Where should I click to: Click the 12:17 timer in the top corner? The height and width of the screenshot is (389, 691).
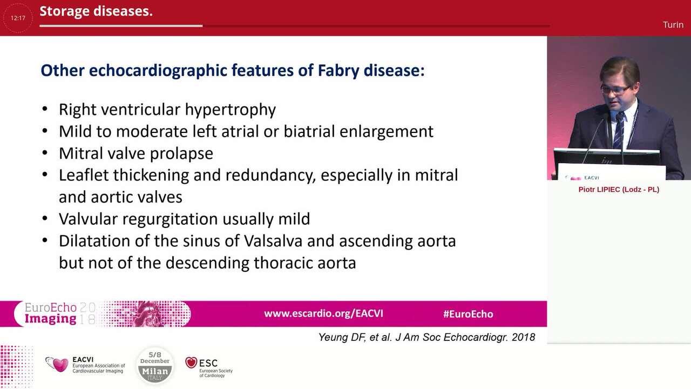point(18,18)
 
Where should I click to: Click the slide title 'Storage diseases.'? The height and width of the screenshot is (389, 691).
point(96,11)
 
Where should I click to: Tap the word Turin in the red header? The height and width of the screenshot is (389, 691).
point(673,25)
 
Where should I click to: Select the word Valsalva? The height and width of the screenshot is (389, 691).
point(273,240)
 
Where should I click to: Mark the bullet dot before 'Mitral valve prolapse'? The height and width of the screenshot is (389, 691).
point(45,153)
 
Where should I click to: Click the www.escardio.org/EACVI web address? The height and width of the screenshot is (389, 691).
point(323,313)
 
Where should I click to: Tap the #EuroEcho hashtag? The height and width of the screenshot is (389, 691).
point(468,314)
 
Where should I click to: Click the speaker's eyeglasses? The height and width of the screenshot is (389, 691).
point(615,88)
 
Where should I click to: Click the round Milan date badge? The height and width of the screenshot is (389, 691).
point(155,365)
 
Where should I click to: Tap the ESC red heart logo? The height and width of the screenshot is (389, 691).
point(191,363)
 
